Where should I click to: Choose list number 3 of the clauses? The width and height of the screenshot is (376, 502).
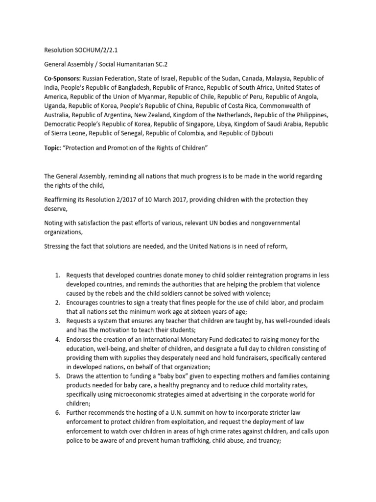(57, 321)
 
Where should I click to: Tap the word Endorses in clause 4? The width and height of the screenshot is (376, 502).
(80, 339)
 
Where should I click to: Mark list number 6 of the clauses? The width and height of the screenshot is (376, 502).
(57, 413)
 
